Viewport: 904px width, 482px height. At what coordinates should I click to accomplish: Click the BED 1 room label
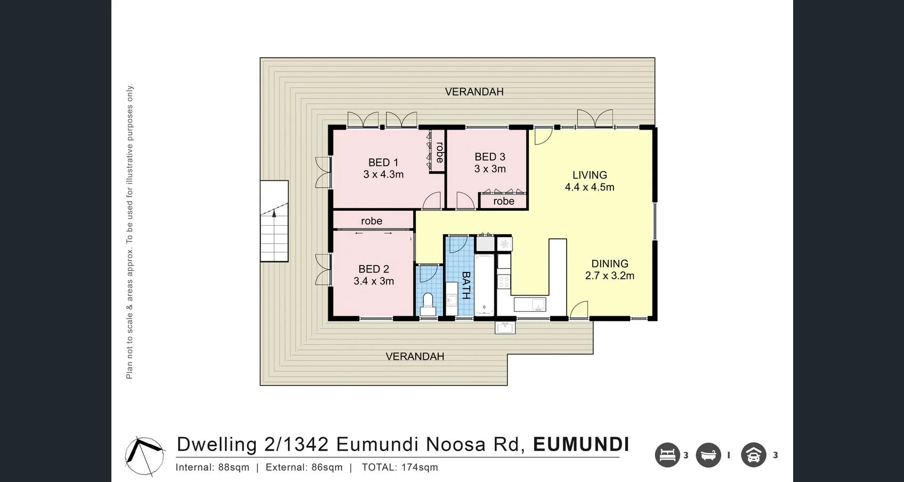(383, 163)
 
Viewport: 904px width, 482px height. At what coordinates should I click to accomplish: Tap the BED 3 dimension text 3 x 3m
(490, 169)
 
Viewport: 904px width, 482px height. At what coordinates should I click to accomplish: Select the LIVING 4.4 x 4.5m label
(590, 181)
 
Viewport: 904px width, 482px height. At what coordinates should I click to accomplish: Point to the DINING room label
(610, 264)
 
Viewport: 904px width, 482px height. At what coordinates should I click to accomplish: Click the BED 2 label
(374, 269)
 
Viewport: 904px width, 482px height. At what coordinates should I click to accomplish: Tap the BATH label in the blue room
(465, 285)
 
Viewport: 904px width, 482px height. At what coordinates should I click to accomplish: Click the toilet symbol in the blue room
(427, 304)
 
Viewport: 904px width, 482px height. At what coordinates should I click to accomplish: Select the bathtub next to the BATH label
(485, 285)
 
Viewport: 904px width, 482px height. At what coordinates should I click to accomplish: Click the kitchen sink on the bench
(530, 304)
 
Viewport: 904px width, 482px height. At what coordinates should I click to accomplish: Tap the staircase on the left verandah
(274, 221)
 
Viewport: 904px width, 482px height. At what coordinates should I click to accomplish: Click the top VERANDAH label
(474, 92)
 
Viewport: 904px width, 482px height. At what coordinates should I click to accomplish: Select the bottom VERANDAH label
(415, 356)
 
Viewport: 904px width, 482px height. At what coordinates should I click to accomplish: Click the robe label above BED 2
(372, 221)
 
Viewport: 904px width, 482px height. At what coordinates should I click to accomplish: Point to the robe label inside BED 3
(503, 201)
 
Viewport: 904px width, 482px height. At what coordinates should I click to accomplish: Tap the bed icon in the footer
(667, 455)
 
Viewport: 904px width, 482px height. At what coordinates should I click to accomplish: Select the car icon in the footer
(753, 455)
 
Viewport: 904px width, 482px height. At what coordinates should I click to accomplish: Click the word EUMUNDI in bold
(581, 444)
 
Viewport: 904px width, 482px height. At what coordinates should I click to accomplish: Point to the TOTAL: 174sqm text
(400, 467)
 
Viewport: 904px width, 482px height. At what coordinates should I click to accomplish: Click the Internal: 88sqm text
(212, 467)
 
